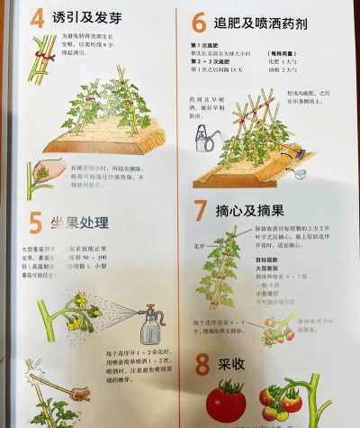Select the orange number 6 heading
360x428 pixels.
pyautogui.click(x=200, y=23)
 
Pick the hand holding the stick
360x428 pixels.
pyautogui.click(x=77, y=393)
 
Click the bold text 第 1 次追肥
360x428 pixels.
pyautogui.click(x=208, y=44)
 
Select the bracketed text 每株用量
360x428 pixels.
pyautogui.click(x=288, y=53)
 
